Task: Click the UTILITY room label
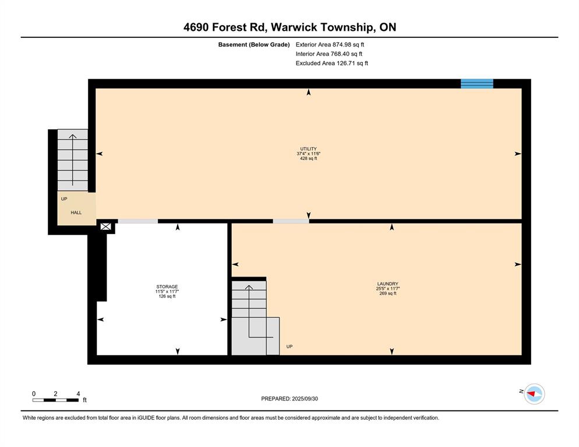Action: pyautogui.click(x=308, y=149)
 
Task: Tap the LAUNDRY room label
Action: pyautogui.click(x=388, y=284)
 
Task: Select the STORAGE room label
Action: pyautogui.click(x=167, y=286)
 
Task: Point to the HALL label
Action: pyautogui.click(x=76, y=212)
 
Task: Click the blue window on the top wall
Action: pyautogui.click(x=476, y=84)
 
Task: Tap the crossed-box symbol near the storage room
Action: pyautogui.click(x=105, y=226)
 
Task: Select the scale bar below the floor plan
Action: pyautogui.click(x=55, y=400)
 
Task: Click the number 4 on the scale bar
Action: pyautogui.click(x=78, y=394)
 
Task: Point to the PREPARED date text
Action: pyautogui.click(x=289, y=399)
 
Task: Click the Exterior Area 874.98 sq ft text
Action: pyautogui.click(x=330, y=45)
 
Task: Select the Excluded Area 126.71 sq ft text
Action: pyautogui.click(x=332, y=63)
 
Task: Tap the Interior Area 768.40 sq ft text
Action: pyautogui.click(x=329, y=54)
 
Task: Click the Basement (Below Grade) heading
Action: pyautogui.click(x=254, y=45)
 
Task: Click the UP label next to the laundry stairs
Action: pyautogui.click(x=289, y=347)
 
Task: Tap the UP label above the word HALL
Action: pyautogui.click(x=64, y=199)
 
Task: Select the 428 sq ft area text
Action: pyautogui.click(x=308, y=158)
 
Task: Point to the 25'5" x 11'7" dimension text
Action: pyautogui.click(x=388, y=289)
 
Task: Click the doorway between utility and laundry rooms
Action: pyautogui.click(x=291, y=221)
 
